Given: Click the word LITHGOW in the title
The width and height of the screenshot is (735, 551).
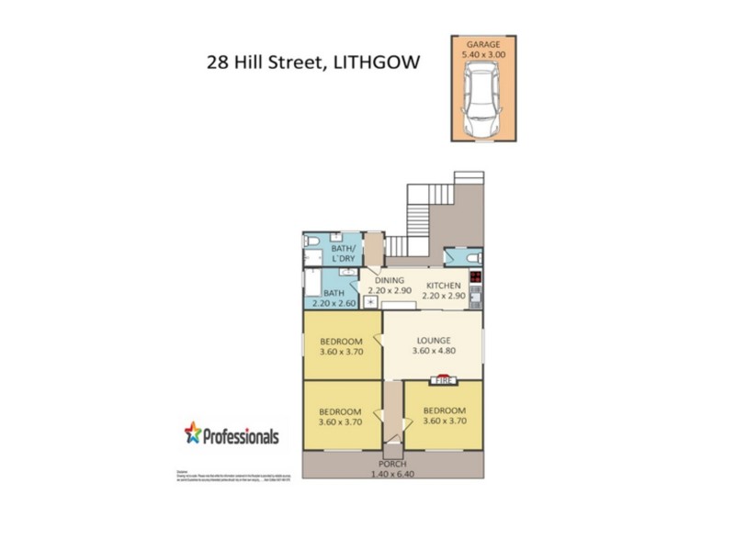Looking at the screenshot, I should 372,63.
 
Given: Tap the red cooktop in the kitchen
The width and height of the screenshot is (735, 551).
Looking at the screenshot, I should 475,276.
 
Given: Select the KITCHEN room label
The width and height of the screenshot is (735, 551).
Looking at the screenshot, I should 442,286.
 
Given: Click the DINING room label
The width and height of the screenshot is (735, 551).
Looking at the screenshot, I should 389,280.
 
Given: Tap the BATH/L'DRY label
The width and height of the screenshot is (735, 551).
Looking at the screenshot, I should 343,254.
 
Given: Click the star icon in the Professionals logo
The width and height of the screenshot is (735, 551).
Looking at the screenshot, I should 192,432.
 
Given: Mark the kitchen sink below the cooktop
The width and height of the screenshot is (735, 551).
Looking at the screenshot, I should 475,297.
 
